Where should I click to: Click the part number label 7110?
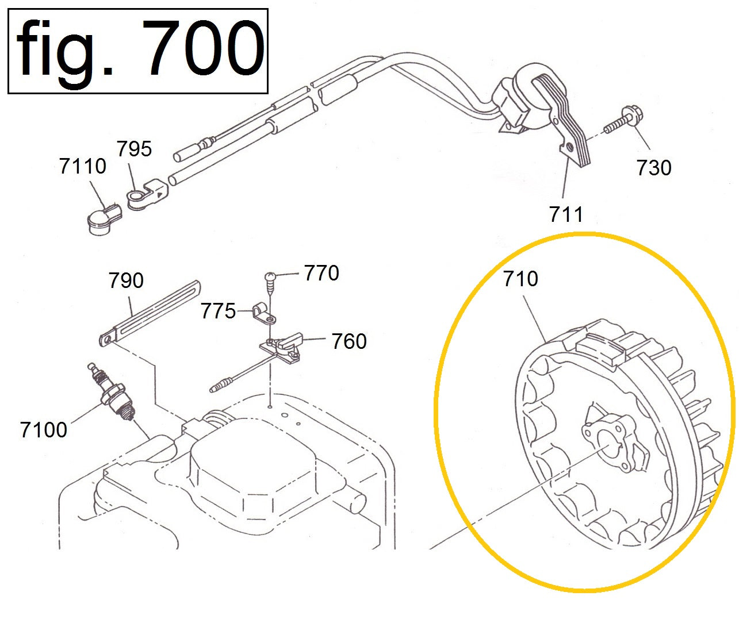(x=82, y=166)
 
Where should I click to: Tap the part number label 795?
(x=135, y=148)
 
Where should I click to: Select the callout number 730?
(x=654, y=168)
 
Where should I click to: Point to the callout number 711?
(x=566, y=214)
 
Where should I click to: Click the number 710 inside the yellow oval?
(x=520, y=279)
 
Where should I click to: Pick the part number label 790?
(x=126, y=280)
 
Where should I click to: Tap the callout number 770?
(x=321, y=273)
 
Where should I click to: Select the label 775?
(x=219, y=312)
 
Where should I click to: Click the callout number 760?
(x=349, y=341)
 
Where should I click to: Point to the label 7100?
(x=44, y=430)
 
